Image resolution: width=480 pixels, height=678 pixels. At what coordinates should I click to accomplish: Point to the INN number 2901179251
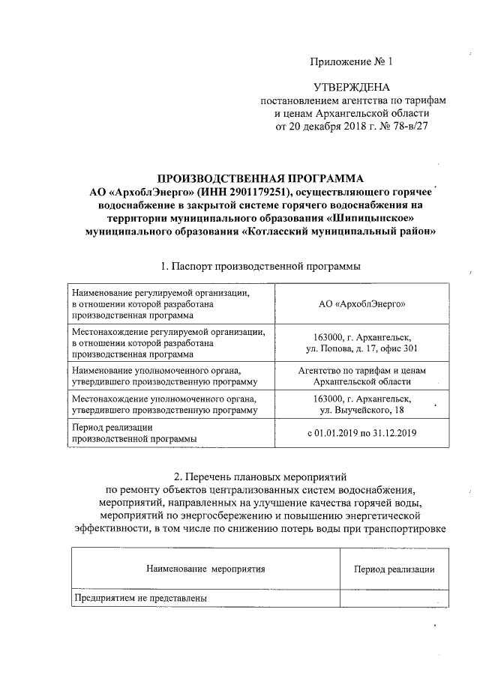click(240, 192)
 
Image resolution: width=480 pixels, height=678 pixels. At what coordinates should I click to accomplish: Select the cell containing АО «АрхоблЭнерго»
click(362, 304)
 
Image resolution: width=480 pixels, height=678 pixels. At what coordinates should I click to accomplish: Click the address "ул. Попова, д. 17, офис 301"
click(362, 348)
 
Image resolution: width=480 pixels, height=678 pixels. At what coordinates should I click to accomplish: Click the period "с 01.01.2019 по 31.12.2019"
click(362, 432)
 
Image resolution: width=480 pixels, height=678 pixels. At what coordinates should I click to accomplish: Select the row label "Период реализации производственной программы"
click(135, 432)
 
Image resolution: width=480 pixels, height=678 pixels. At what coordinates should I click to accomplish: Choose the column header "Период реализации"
click(394, 569)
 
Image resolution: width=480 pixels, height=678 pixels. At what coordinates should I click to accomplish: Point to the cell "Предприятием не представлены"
click(139, 597)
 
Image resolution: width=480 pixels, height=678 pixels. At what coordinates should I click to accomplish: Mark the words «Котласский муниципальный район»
click(341, 231)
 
